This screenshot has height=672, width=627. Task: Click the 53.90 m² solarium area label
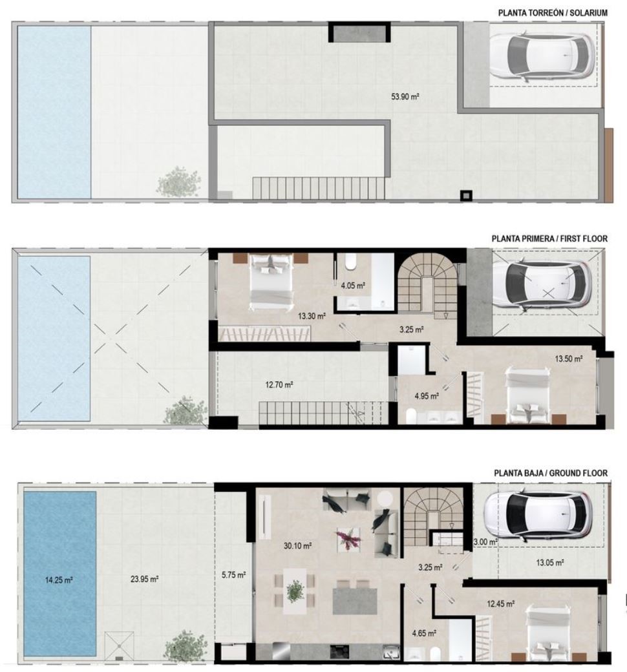click(x=405, y=97)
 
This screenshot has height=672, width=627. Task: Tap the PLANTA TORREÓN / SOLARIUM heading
click(x=553, y=13)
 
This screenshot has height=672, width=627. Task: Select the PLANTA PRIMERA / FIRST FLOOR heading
click(x=549, y=238)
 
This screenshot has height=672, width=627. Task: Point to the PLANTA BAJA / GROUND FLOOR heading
click(x=551, y=473)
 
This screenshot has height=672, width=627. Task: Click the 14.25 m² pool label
click(x=59, y=580)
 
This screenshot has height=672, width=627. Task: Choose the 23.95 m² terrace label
click(x=145, y=579)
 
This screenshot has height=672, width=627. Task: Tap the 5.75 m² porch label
click(x=234, y=575)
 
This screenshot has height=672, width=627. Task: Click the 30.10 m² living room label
click(x=297, y=546)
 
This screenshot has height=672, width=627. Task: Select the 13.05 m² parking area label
click(x=550, y=563)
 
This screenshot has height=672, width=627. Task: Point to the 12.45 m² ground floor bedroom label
click(x=500, y=604)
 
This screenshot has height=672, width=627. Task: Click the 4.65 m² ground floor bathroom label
click(x=424, y=633)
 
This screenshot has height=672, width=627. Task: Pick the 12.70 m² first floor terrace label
click(x=279, y=385)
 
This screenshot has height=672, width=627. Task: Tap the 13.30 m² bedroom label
click(x=312, y=316)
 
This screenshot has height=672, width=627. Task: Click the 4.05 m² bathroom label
click(x=353, y=286)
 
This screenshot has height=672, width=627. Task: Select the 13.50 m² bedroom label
click(x=569, y=359)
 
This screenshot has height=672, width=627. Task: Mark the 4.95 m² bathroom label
click(x=427, y=397)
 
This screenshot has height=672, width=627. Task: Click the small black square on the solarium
click(x=466, y=195)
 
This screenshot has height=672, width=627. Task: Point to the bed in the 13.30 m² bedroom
click(x=271, y=280)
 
